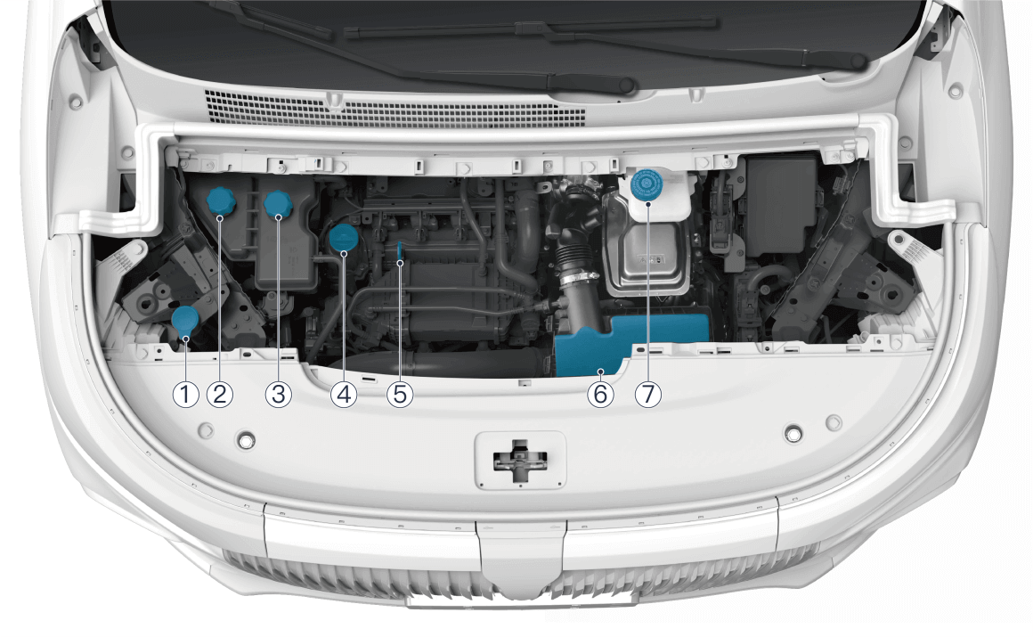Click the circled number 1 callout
click(186, 395)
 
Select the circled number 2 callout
click(219, 395)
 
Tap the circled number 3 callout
click(279, 395)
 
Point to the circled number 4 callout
click(344, 395)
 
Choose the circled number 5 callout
click(400, 395)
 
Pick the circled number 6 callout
click(600, 395)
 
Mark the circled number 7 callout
click(648, 395)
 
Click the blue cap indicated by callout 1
click(185, 321)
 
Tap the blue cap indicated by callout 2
click(221, 201)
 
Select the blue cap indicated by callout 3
click(278, 204)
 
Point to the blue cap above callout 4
click(343, 238)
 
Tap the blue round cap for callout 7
click(647, 184)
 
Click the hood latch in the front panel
click(520, 461)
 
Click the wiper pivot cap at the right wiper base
click(858, 62)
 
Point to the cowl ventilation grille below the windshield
click(395, 110)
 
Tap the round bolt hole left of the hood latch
click(247, 440)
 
